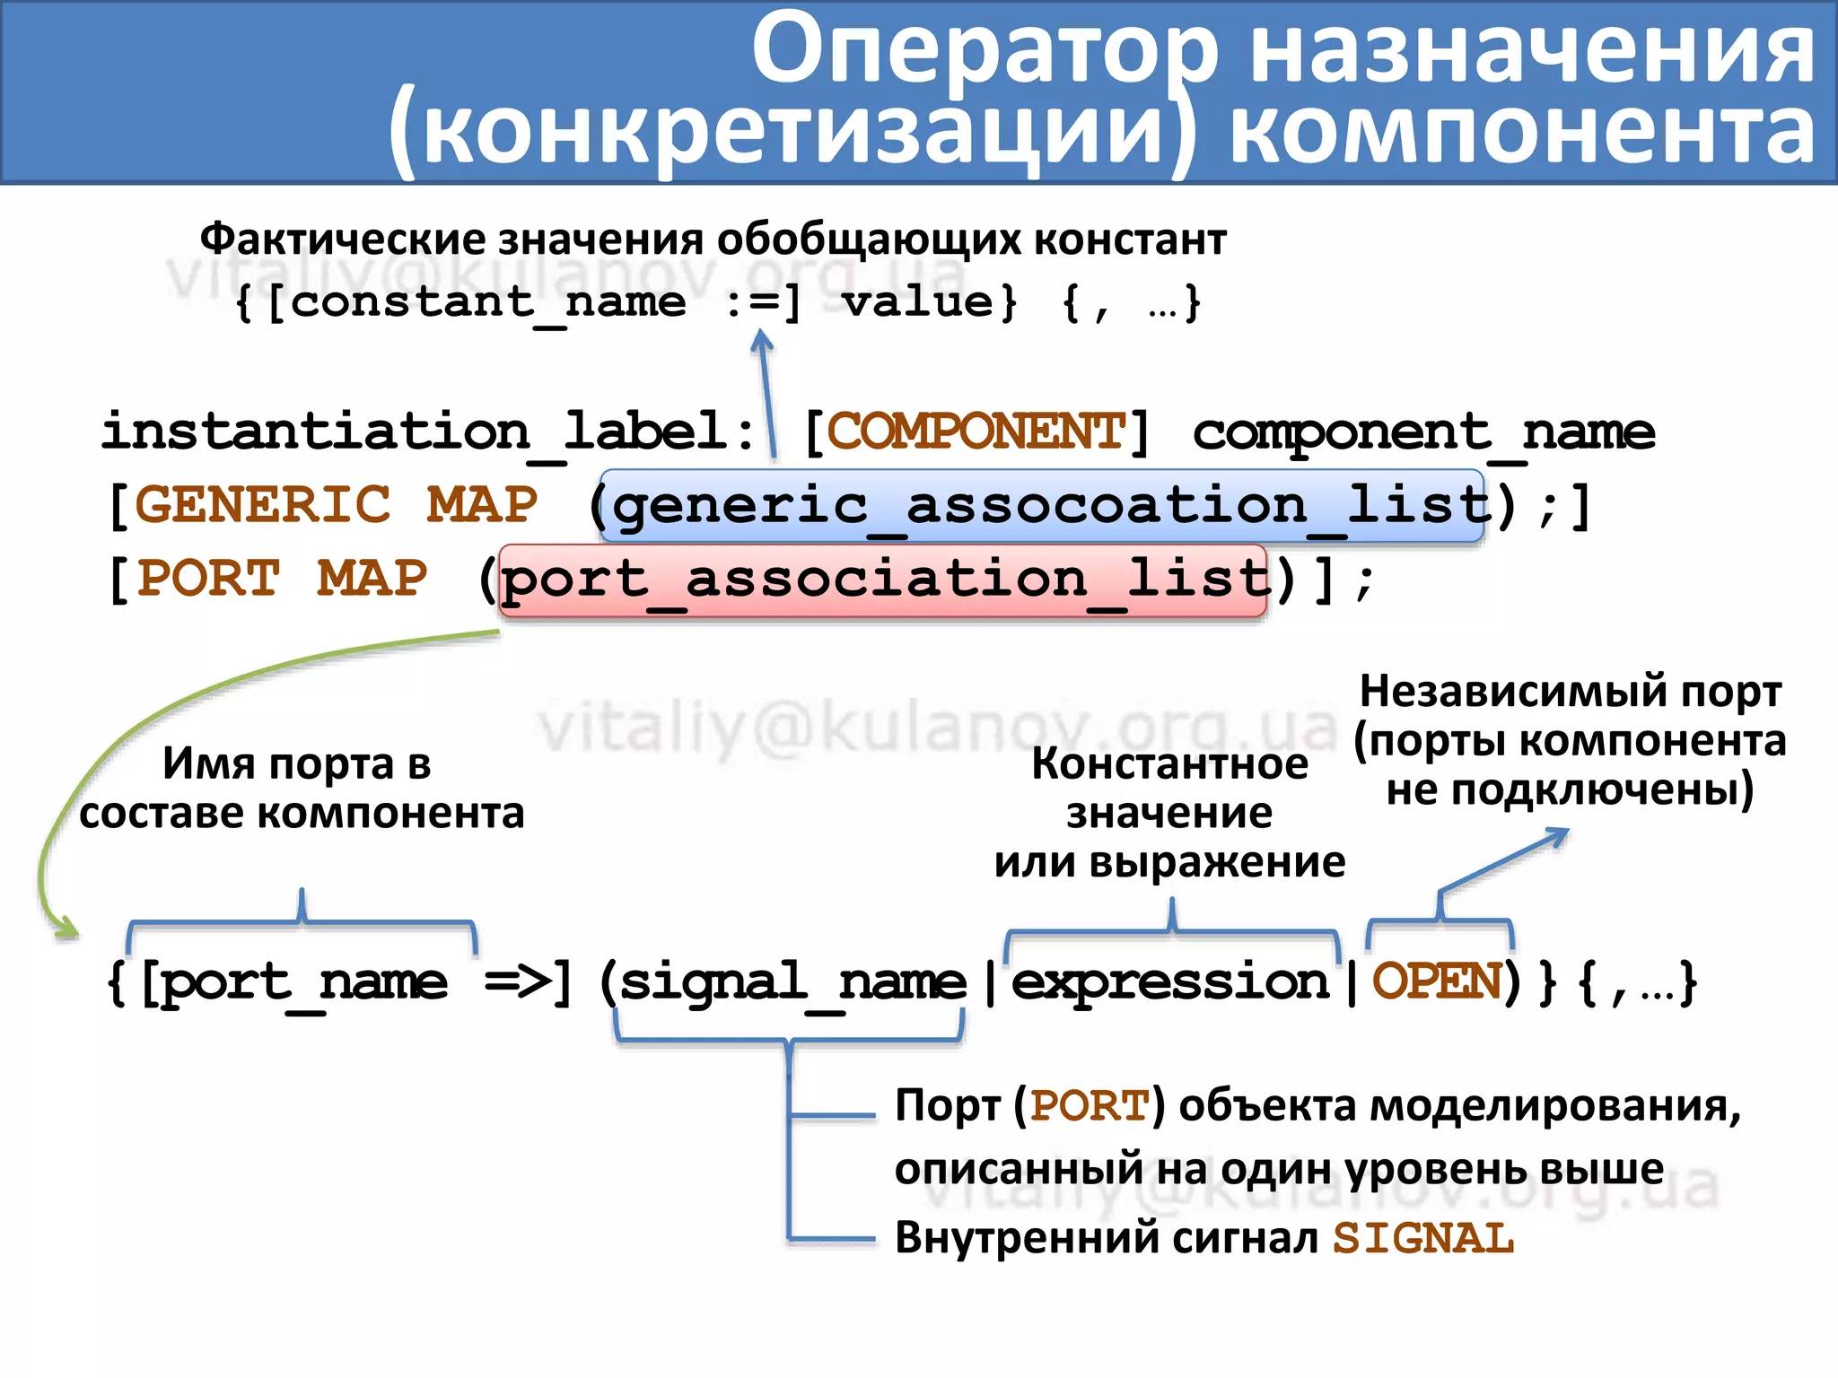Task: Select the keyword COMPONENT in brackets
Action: pos(976,432)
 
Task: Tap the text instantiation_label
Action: pos(413,432)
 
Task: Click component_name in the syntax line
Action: pos(1423,433)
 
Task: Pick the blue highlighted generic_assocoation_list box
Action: pos(1041,505)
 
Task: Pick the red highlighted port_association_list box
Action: pos(882,580)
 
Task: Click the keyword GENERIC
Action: pos(262,505)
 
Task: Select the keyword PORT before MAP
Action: pos(208,579)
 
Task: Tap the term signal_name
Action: pos(792,982)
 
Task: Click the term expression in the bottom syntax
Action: pos(1169,982)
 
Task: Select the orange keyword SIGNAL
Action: pos(1423,1239)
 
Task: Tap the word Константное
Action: pos(1169,764)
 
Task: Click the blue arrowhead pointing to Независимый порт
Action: pos(1559,835)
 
